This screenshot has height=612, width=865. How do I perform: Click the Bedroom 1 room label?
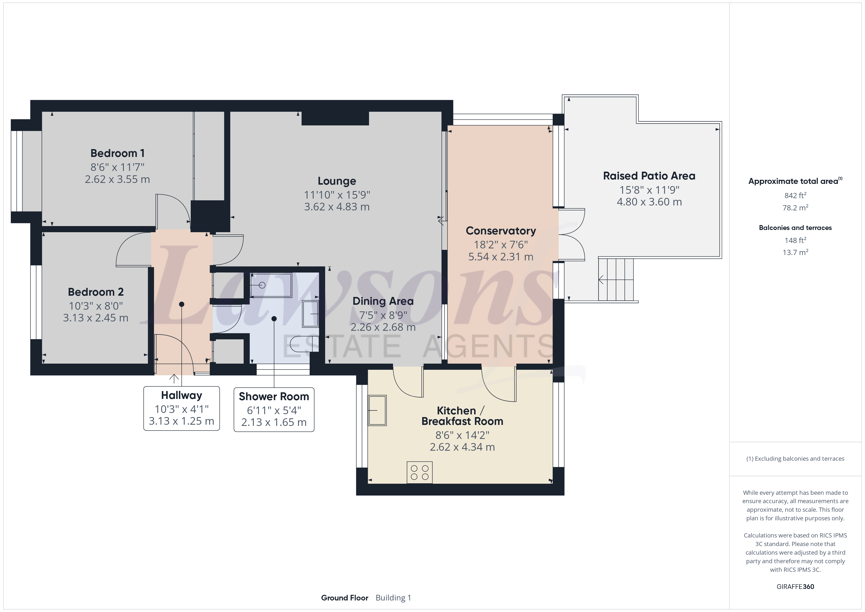(x=117, y=153)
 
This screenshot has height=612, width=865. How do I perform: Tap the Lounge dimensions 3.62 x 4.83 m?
(x=337, y=207)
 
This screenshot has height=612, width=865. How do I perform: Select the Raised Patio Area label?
(x=649, y=176)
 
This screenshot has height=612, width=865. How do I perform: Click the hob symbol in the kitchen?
(x=419, y=472)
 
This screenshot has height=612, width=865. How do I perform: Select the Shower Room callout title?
(x=274, y=396)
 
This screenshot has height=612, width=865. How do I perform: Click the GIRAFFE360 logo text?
(x=795, y=587)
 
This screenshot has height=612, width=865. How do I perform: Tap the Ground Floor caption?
(x=345, y=598)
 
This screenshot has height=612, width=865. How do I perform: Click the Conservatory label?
(x=501, y=231)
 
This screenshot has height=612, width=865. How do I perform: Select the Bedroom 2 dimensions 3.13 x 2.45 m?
(x=96, y=318)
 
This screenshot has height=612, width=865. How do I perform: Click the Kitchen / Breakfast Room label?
(x=462, y=416)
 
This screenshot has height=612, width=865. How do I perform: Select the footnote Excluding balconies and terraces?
(x=795, y=459)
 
